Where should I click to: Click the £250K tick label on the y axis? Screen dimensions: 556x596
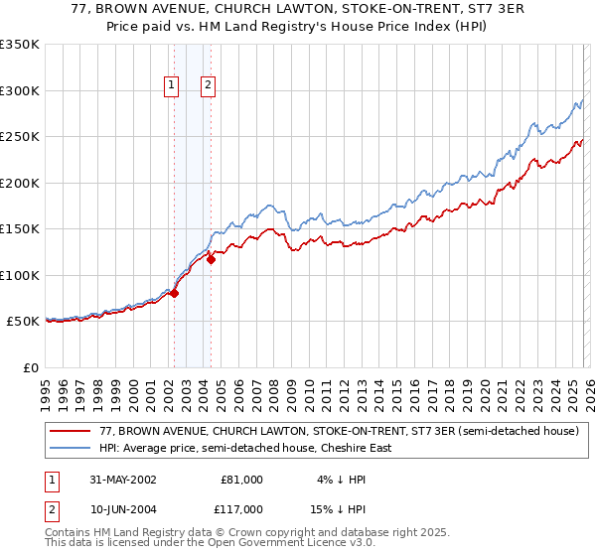(x=20, y=137)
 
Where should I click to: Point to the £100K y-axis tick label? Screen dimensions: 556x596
(x=20, y=275)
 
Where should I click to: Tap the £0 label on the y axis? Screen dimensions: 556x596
(x=30, y=367)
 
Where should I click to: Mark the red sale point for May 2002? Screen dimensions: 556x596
(x=174, y=293)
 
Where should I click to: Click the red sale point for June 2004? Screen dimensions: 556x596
(x=211, y=260)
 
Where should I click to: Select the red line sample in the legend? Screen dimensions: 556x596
(x=71, y=432)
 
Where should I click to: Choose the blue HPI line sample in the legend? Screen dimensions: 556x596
(x=71, y=448)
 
